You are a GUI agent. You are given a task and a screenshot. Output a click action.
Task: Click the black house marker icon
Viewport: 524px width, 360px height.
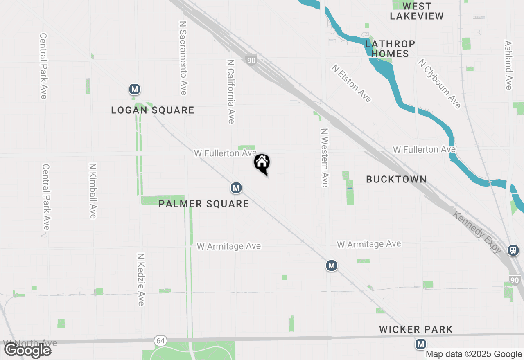[262, 163]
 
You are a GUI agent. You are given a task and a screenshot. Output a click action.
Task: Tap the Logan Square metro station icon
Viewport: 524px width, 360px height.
[134, 89]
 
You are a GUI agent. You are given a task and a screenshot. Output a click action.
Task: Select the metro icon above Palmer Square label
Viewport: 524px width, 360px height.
[236, 188]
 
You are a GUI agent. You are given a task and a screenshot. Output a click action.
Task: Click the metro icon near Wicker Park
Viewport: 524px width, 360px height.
[420, 344]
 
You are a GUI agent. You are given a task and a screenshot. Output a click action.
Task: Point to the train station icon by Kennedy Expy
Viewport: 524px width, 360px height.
[513, 250]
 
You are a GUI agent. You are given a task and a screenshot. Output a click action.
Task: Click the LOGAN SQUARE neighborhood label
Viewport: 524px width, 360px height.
[153, 110]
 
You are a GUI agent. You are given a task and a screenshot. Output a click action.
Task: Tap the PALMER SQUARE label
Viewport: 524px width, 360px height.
[203, 204]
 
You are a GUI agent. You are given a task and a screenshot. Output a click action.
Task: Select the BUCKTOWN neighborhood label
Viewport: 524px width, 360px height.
[396, 179]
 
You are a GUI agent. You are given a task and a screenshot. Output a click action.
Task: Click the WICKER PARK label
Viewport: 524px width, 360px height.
[416, 329]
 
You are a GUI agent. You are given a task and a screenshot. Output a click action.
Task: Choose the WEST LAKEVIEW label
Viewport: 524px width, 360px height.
[417, 11]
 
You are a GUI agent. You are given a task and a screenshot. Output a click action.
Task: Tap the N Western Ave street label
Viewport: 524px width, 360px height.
[325, 157]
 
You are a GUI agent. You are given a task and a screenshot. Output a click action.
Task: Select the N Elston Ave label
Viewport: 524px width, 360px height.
[352, 83]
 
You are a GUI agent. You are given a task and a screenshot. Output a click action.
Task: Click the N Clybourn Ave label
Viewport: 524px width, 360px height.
[439, 84]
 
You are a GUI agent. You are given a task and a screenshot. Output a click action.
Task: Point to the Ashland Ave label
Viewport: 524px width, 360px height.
[508, 65]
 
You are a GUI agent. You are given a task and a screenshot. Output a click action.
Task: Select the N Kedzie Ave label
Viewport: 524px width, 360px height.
[141, 279]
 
